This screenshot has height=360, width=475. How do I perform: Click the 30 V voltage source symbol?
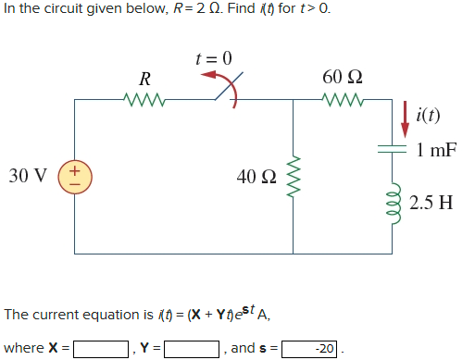74,175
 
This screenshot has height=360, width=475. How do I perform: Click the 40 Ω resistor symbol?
295,176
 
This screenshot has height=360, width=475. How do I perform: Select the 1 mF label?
436,149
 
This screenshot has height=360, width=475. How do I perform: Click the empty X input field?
101,349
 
